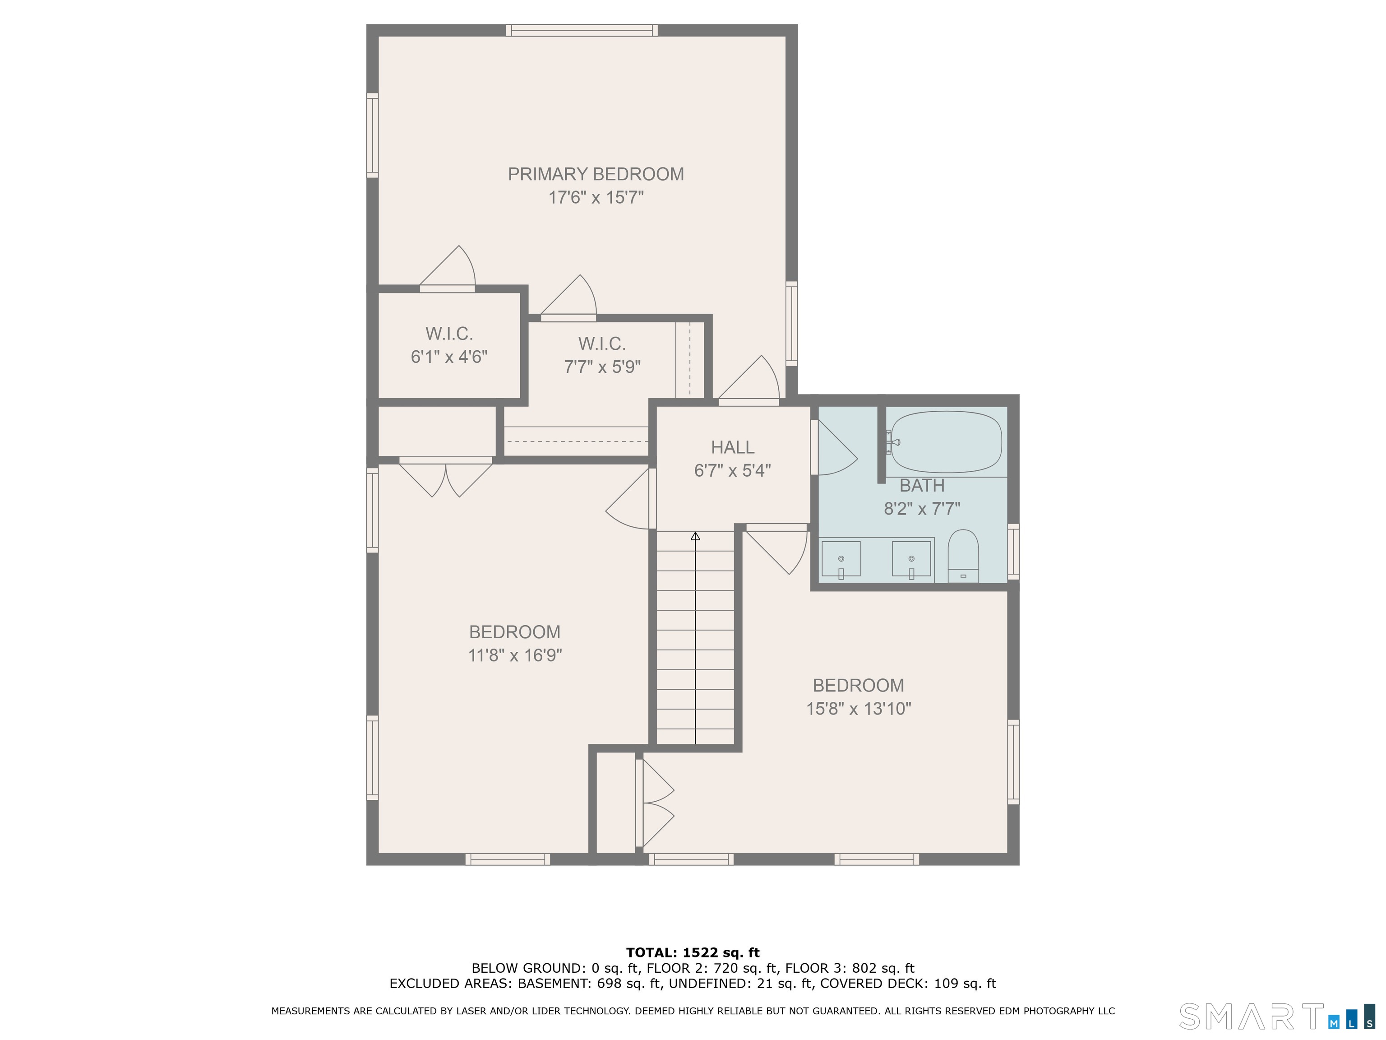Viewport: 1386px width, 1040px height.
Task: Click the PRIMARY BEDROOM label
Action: tap(595, 174)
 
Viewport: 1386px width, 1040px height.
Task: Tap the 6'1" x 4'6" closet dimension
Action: tap(448, 357)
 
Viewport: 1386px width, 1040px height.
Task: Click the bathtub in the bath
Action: tap(946, 441)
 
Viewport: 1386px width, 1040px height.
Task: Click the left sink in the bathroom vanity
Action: tap(841, 559)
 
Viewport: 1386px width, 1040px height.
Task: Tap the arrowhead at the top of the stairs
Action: tap(695, 536)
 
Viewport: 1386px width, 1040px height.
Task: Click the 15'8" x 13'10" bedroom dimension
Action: tap(859, 708)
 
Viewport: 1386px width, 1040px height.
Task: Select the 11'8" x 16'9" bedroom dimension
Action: tap(514, 655)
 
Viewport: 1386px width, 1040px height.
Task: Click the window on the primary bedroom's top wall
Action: tap(582, 30)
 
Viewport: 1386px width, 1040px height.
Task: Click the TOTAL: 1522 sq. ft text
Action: tap(693, 953)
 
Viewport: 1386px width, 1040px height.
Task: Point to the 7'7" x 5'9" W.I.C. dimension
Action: tap(602, 367)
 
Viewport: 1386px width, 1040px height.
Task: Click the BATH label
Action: tap(922, 485)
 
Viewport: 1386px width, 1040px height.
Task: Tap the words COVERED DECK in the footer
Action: tap(873, 984)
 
